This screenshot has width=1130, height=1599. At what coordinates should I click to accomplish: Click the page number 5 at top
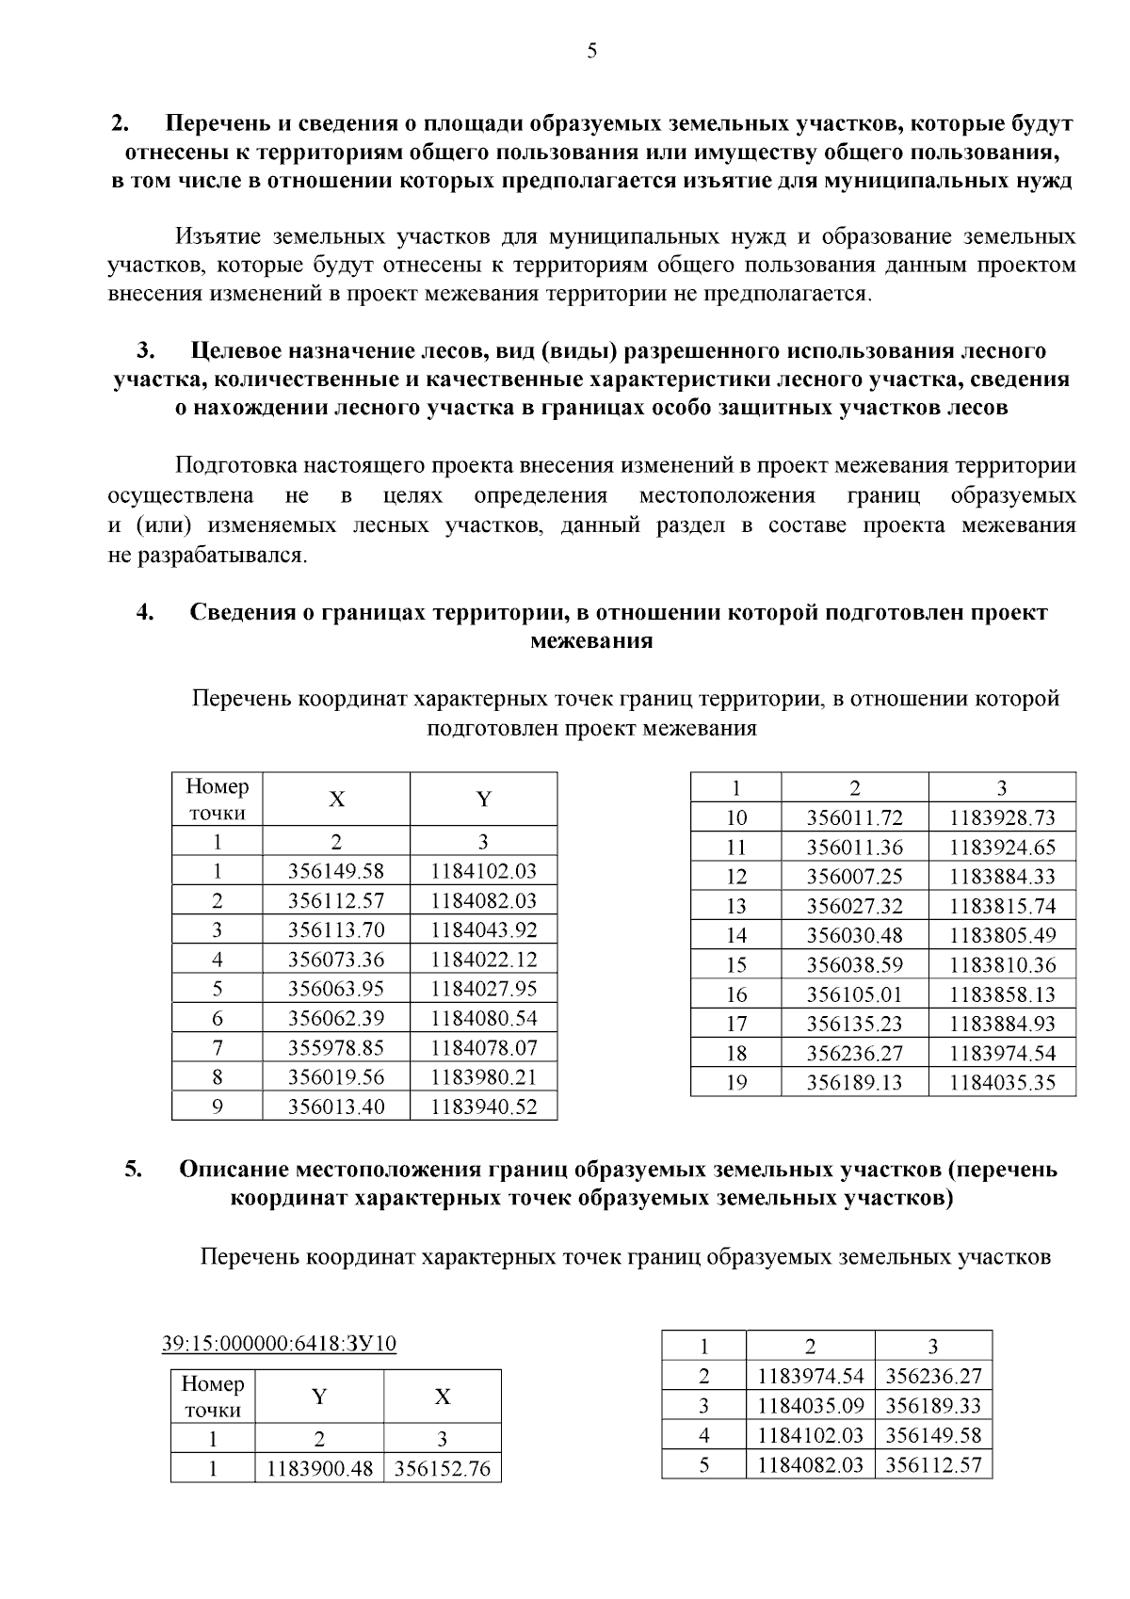(591, 52)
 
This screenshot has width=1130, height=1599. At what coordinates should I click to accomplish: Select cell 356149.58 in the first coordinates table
(336, 871)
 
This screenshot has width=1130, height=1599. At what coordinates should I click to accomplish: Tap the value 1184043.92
(483, 930)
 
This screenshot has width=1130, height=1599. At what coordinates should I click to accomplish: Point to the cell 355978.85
(336, 1047)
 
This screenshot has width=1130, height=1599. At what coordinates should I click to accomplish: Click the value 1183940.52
(483, 1106)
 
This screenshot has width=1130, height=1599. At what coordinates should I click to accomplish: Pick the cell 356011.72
(854, 817)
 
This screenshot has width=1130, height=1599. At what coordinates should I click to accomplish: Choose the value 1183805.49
(1002, 935)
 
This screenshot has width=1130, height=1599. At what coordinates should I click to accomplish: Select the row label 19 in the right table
(735, 1082)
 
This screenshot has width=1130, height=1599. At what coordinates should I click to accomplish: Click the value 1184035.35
(1002, 1082)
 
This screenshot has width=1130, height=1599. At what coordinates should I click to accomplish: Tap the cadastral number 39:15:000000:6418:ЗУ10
(279, 1343)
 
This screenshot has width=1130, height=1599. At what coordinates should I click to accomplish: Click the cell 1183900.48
(320, 1468)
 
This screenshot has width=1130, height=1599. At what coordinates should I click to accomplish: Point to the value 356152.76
(442, 1468)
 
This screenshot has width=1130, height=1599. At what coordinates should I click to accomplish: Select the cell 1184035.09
(810, 1406)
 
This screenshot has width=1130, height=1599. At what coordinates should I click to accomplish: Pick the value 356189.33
(933, 1406)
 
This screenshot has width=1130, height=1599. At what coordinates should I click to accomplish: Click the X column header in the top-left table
(336, 799)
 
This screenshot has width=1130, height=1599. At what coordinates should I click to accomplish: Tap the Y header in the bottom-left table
(319, 1397)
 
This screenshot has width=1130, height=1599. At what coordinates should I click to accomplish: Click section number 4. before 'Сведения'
(145, 612)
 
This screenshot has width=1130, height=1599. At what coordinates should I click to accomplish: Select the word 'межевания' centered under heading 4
(591, 641)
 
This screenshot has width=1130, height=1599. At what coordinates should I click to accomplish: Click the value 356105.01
(854, 994)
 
